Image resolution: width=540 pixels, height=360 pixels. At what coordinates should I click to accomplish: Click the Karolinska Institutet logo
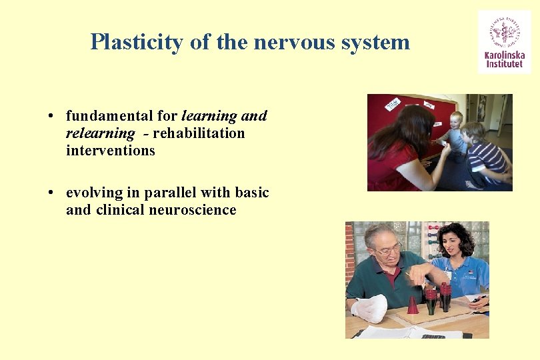[x=504, y=41]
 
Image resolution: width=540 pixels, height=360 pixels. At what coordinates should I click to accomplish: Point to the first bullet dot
[x=51, y=117]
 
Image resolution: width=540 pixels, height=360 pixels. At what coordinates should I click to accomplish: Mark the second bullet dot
[x=51, y=193]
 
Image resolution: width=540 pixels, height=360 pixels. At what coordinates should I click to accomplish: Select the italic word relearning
[x=100, y=133]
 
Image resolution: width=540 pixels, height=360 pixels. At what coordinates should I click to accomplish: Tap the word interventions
[x=110, y=151]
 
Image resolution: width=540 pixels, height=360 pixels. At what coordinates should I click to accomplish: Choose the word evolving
[x=94, y=193]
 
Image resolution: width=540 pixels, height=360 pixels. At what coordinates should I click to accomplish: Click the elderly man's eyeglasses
[x=389, y=251]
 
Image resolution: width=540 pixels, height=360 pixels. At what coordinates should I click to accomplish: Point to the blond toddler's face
[x=456, y=121]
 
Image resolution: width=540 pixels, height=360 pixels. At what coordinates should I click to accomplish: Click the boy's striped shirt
[x=487, y=157]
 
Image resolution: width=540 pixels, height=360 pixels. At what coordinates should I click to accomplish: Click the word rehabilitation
[x=199, y=133]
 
